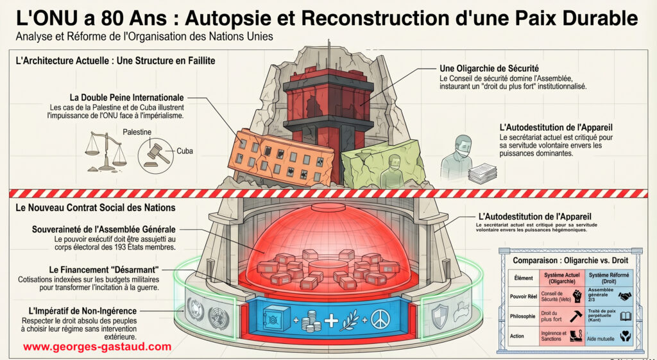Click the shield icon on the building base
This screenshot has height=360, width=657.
[x=439, y=316]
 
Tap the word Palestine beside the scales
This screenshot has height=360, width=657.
[x=137, y=132]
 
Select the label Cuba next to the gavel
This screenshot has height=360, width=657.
[x=185, y=151]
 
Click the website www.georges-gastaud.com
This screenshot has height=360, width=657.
[x=98, y=347]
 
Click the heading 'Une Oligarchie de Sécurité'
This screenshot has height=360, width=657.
[x=488, y=68]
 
